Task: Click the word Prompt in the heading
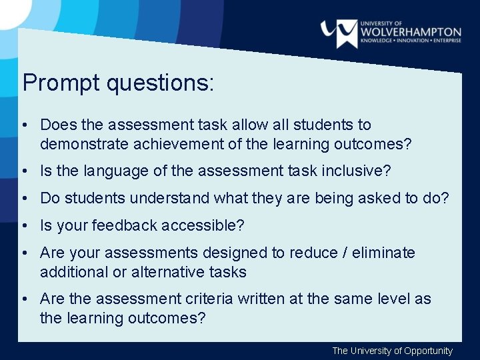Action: pos(53,83)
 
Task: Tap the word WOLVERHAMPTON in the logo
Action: pos(410,31)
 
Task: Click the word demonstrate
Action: pos(79,144)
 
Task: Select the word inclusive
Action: pos(354,171)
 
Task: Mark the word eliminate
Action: pos(385,253)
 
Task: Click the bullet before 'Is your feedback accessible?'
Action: pos(23,226)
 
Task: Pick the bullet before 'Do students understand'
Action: pos(23,198)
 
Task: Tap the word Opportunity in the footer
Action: pos(428,351)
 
